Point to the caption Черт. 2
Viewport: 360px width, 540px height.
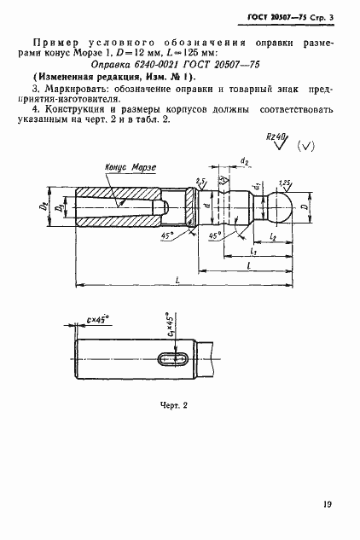(x=172, y=405)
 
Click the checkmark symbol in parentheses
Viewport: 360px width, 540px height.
(x=308, y=146)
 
